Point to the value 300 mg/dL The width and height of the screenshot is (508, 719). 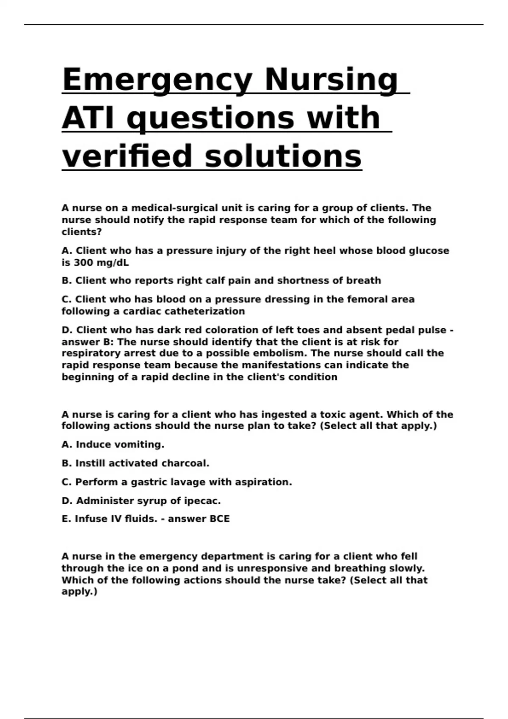[x=101, y=263]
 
